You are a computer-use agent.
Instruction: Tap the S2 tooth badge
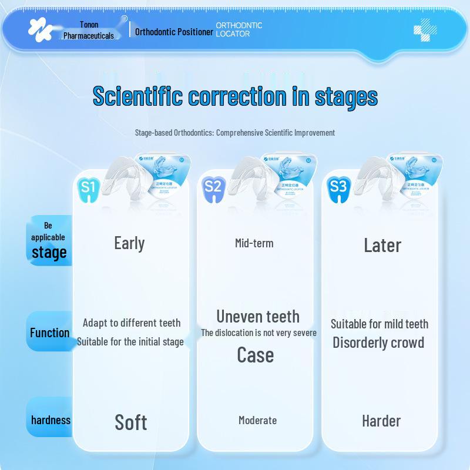tap(213, 187)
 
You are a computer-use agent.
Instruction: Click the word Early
tap(129, 243)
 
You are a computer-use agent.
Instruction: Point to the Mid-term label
tap(254, 243)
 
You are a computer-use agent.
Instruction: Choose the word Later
tap(382, 245)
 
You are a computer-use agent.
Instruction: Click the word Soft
tap(131, 422)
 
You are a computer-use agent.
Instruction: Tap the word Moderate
tap(257, 420)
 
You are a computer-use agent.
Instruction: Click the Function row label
tap(50, 333)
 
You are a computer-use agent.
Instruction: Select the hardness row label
tap(51, 420)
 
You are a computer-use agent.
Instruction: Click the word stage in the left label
tap(49, 253)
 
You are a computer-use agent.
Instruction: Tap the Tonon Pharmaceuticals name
tap(89, 31)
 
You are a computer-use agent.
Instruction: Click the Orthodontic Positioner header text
tap(174, 32)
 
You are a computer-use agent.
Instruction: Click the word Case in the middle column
tap(256, 355)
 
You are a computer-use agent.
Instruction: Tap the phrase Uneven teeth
tap(258, 317)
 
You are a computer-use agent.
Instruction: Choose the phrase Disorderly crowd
tap(378, 343)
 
